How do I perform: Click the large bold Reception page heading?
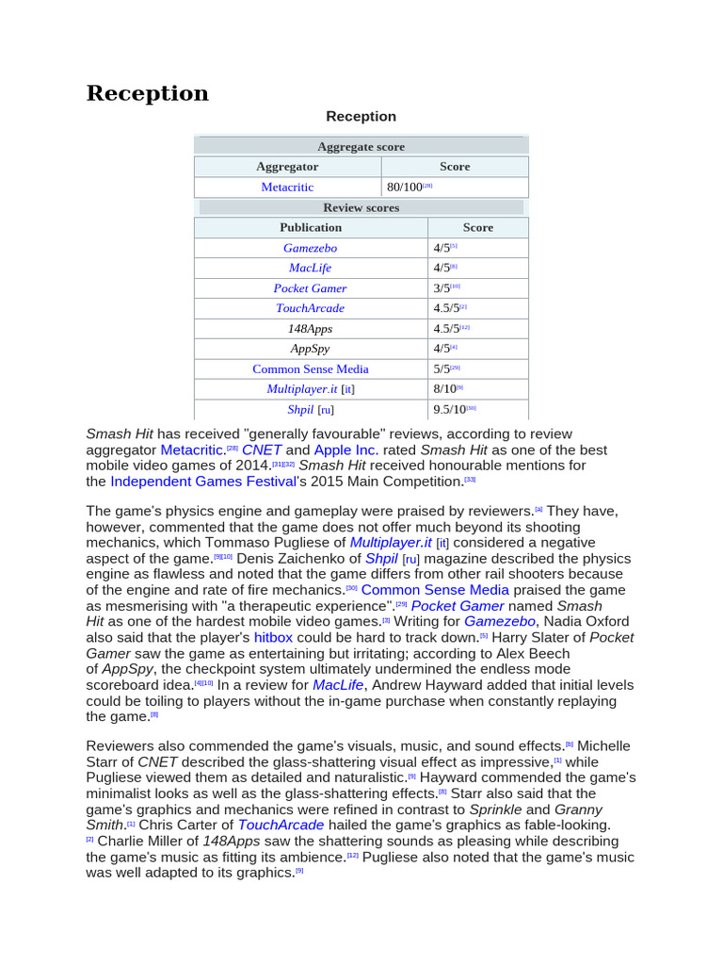tap(148, 93)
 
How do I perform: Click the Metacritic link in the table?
tap(287, 187)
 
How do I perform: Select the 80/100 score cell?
tap(405, 187)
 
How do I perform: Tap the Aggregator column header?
tap(287, 166)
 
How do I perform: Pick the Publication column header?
tap(311, 227)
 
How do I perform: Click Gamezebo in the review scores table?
tap(310, 248)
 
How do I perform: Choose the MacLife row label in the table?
tap(310, 268)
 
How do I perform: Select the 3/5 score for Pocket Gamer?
tap(442, 288)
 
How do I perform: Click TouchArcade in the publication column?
tap(310, 308)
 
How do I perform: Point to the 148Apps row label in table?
tap(310, 329)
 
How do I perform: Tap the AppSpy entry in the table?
tap(310, 349)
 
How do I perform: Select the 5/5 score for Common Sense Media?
tap(442, 369)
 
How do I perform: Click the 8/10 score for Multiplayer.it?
tap(444, 388)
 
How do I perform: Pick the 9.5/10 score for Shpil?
tap(449, 409)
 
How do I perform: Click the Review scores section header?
tap(361, 207)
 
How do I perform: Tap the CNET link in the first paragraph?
tap(261, 450)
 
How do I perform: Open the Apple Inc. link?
tap(345, 450)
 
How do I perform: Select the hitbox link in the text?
tap(273, 637)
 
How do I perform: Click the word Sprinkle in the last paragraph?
tap(495, 810)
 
